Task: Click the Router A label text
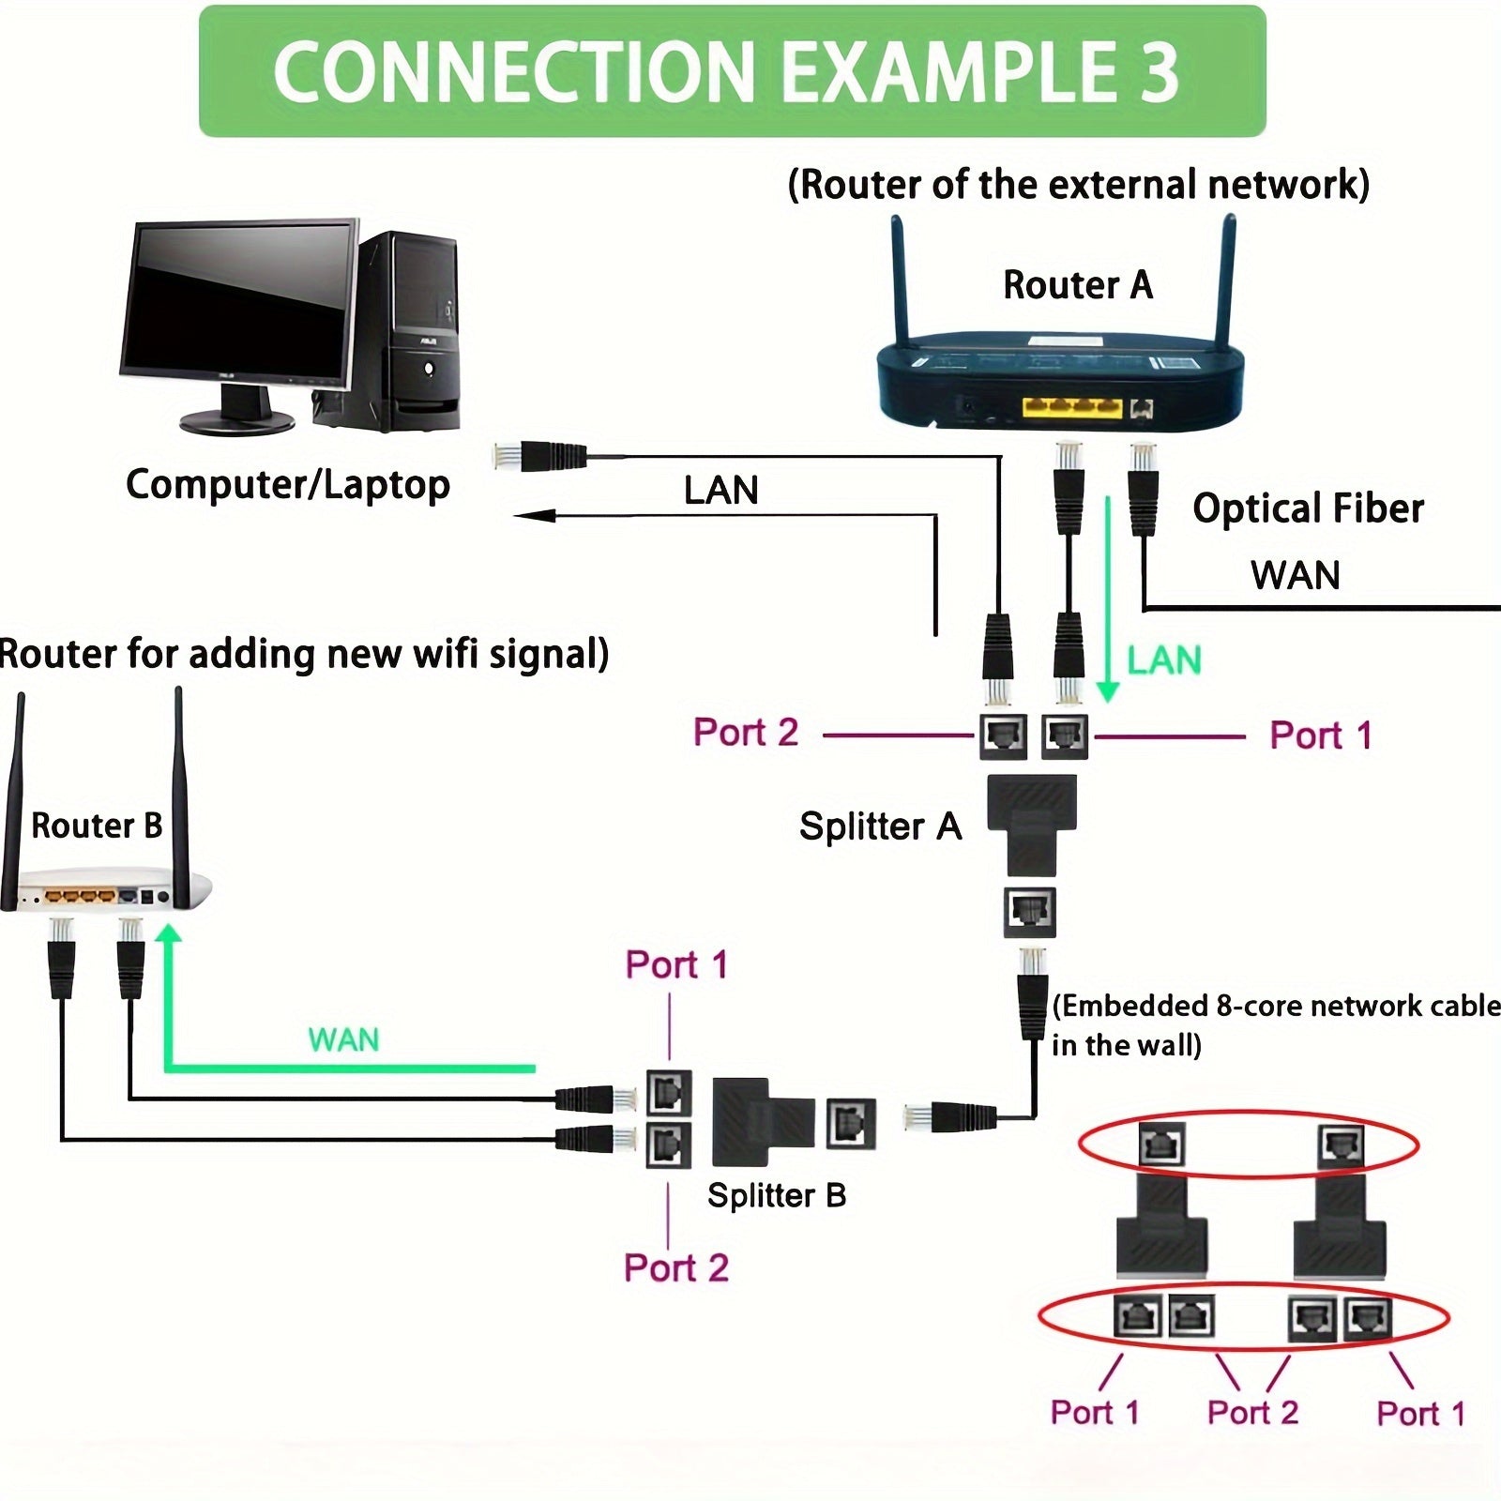click(1077, 284)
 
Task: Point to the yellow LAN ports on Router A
click(1071, 407)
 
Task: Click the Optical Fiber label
click(1308, 508)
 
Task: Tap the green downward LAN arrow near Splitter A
click(1108, 600)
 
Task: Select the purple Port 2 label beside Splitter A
click(746, 733)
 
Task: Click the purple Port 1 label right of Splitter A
click(1321, 735)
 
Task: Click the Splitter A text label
click(880, 826)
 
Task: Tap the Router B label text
click(97, 826)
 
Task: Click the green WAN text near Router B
click(343, 1039)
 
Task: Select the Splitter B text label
click(777, 1195)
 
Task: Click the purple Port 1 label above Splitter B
click(676, 964)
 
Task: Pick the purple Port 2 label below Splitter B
click(676, 1267)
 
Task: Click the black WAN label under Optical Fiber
click(1295, 575)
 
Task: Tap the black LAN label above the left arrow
click(720, 490)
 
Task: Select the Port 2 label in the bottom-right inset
click(1252, 1412)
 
